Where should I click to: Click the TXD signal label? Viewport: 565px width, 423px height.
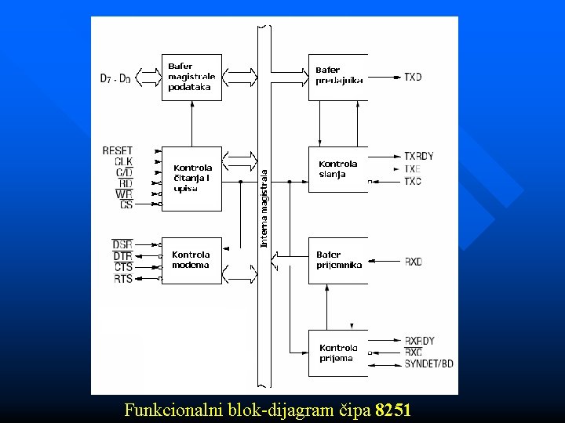(x=413, y=77)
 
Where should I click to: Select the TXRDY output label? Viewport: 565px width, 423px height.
(x=419, y=157)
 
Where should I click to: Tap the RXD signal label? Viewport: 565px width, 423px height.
(x=413, y=262)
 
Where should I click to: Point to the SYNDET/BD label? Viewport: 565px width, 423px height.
(x=428, y=363)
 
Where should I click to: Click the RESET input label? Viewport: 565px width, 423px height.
(x=118, y=150)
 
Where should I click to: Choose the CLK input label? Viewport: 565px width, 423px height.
(x=123, y=161)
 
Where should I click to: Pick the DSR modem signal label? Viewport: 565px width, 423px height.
(x=122, y=244)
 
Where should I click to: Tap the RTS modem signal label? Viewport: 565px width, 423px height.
(x=123, y=278)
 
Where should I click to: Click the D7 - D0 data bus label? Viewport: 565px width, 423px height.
(x=115, y=78)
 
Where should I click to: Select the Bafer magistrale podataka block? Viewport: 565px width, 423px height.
(x=191, y=77)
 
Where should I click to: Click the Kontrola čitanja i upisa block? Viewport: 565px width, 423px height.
(x=191, y=178)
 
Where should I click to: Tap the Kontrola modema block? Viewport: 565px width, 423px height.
(x=191, y=260)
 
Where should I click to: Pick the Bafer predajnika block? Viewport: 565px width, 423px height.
(x=338, y=76)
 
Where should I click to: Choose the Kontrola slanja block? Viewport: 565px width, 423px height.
(x=338, y=169)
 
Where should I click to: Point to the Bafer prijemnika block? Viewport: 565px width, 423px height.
(x=338, y=260)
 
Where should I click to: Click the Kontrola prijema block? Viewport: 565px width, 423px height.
(x=338, y=352)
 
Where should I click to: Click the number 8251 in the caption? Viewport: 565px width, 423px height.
(x=393, y=410)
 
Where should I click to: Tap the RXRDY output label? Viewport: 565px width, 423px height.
(x=419, y=342)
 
